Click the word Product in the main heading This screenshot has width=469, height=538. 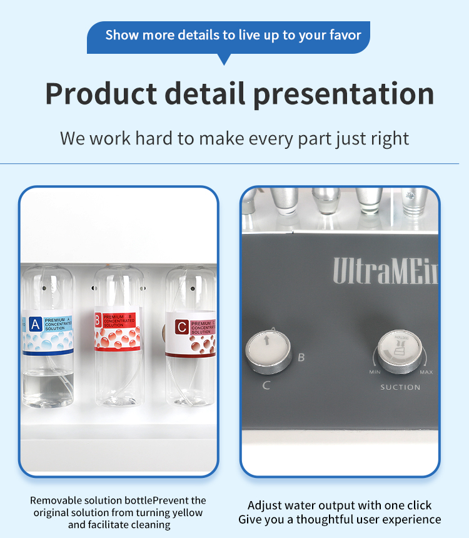click(x=101, y=94)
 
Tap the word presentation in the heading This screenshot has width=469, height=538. click(x=343, y=94)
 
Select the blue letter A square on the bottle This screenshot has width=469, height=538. click(x=35, y=323)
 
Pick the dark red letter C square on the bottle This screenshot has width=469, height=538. click(x=181, y=327)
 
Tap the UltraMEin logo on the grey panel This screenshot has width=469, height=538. click(x=385, y=271)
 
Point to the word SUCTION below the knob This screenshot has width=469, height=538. click(x=400, y=387)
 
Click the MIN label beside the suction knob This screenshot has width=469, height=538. click(x=375, y=372)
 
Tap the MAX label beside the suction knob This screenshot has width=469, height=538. click(x=426, y=372)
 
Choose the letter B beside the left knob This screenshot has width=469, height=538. click(x=301, y=358)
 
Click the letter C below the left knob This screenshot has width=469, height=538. click(x=266, y=385)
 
